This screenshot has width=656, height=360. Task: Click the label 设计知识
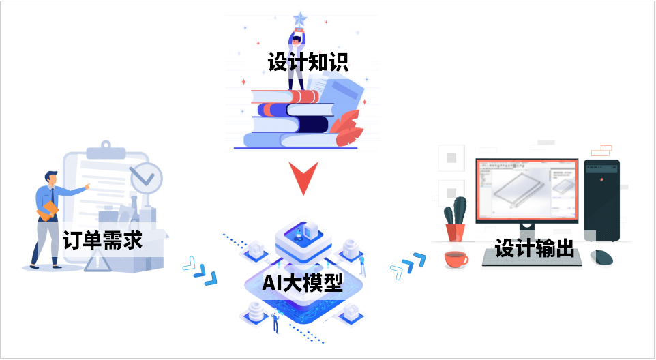308,63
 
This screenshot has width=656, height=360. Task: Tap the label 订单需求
102,240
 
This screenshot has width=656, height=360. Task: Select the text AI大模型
302,282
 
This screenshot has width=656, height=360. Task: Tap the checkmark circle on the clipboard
146,177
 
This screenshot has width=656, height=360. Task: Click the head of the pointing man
52,177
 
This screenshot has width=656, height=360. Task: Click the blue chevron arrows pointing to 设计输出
408,265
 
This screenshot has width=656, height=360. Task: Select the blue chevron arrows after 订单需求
200,270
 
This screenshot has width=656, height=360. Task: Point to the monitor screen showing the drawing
526,190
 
